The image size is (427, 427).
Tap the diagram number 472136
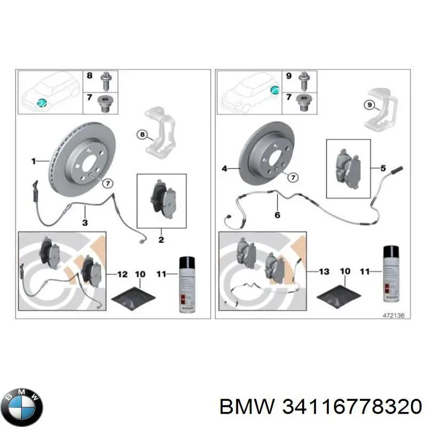pyautogui.click(x=394, y=315)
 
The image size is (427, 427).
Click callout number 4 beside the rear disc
pyautogui.click(x=224, y=169)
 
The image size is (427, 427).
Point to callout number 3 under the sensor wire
pyautogui.click(x=84, y=222)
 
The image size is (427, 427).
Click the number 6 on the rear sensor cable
pyautogui.click(x=278, y=215)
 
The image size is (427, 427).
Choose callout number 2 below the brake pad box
pyautogui.click(x=161, y=240)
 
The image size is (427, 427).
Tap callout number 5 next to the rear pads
pyautogui.click(x=383, y=169)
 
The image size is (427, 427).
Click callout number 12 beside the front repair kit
pyautogui.click(x=122, y=274)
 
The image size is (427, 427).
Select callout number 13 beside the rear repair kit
pyautogui.click(x=324, y=272)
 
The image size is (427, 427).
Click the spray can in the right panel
pyautogui.click(x=392, y=275)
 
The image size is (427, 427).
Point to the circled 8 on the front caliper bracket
pyautogui.click(x=141, y=135)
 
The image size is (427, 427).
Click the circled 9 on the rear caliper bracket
pyautogui.click(x=368, y=105)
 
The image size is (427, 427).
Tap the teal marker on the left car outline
pyautogui.click(x=41, y=102)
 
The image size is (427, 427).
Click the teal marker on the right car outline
pyautogui.click(x=274, y=89)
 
